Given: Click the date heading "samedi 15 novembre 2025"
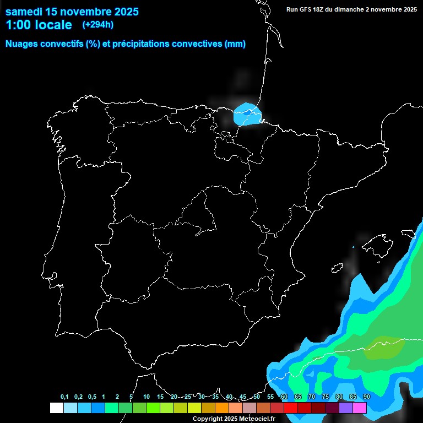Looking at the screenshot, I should pyautogui.click(x=72, y=12).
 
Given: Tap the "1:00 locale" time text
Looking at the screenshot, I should pyautogui.click(x=39, y=25).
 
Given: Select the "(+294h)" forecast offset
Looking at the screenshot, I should pyautogui.click(x=97, y=25).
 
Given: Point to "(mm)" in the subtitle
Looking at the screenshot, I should pyautogui.click(x=235, y=44).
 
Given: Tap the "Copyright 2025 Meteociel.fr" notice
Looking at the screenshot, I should pyautogui.click(x=234, y=419).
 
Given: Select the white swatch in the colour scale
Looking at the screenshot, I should pyautogui.click(x=56, y=408).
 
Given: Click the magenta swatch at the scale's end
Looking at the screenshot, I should pyautogui.click(x=360, y=408).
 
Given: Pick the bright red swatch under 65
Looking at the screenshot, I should pyautogui.click(x=291, y=408).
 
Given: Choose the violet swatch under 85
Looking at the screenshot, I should pyautogui.click(x=346, y=408).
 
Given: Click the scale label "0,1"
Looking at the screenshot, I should pyautogui.click(x=64, y=397).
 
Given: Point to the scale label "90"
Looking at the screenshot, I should pyautogui.click(x=367, y=397).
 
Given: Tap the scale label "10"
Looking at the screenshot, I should pyautogui.click(x=147, y=397).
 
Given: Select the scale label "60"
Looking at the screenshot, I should pyautogui.click(x=284, y=397).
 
